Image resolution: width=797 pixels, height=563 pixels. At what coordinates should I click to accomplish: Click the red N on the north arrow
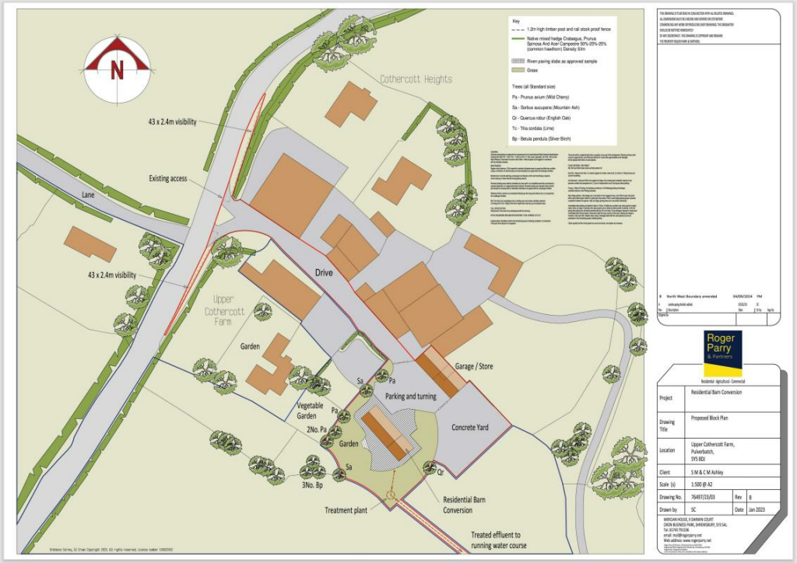pos(118,69)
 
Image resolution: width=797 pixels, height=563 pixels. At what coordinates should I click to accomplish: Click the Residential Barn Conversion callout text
pos(468,505)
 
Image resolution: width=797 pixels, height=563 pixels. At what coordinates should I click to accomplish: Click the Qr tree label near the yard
pos(441,472)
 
